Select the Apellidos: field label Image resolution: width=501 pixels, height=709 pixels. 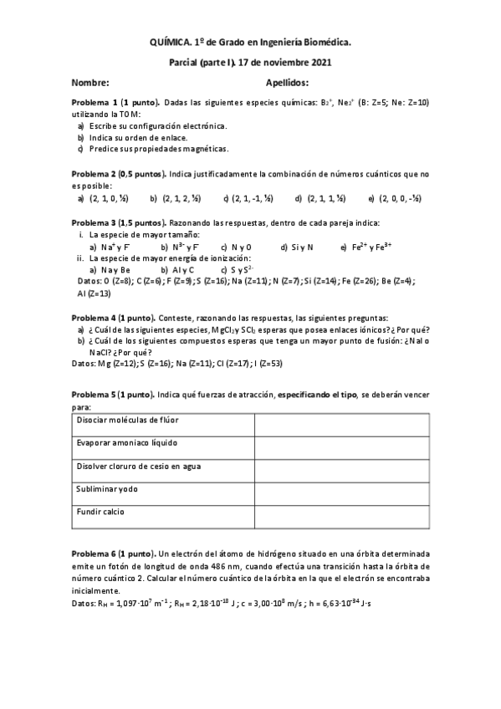[287, 83]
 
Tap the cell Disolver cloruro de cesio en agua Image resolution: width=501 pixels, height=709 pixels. [138, 465]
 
